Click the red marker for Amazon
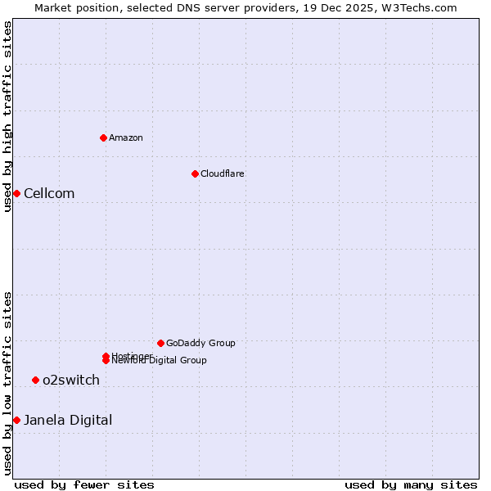pos(103,137)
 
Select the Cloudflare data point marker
pos(195,173)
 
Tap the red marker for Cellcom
pos(16,193)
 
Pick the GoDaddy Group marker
pos(160,343)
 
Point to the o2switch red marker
pos(35,380)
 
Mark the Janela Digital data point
pos(16,420)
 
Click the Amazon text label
pos(126,137)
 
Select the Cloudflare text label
pos(223,173)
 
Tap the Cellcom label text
pos(49,194)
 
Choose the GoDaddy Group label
pos(200,343)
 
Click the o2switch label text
pos(71,381)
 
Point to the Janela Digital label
pos(68,421)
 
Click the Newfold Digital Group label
pos(160,361)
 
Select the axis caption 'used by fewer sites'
pos(84,484)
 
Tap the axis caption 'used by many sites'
pos(411,484)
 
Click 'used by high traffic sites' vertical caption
pos(7,116)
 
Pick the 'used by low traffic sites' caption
pos(7,383)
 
